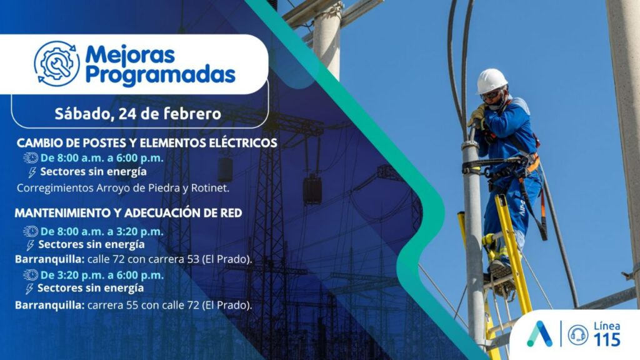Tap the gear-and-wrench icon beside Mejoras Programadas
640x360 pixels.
coord(57,63)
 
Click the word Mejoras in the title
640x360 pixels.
coord(130,54)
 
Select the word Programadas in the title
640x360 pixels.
coord(161,75)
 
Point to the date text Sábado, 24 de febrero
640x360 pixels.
coord(138,114)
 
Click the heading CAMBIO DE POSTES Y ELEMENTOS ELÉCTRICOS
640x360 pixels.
coord(147,143)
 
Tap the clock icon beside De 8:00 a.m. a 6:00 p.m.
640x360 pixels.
coord(31,158)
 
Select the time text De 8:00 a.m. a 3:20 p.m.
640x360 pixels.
coord(102,231)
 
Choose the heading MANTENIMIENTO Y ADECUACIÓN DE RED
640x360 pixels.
coord(128,213)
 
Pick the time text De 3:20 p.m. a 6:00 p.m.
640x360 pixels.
coord(102,275)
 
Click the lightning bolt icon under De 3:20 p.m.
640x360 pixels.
coord(29,289)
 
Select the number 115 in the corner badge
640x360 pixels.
coord(607,339)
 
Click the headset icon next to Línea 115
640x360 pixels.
coord(578,335)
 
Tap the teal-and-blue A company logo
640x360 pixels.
coord(539,334)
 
